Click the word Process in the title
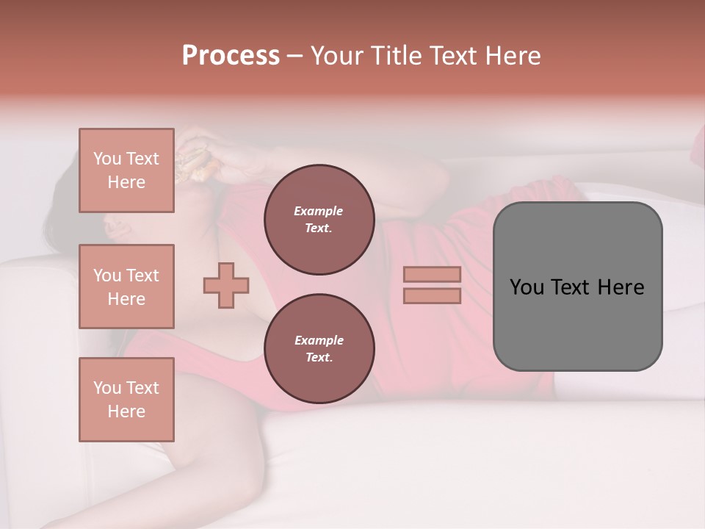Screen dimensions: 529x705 (x=231, y=56)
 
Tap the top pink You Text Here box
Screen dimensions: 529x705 (x=126, y=170)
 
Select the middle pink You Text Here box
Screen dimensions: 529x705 (x=126, y=287)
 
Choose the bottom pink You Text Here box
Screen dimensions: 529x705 (x=126, y=400)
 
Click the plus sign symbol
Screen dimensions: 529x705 (x=226, y=286)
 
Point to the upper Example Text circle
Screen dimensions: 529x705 (x=319, y=220)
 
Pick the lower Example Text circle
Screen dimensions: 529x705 (x=319, y=349)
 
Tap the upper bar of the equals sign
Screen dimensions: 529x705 (x=432, y=275)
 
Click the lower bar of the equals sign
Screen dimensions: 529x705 (x=432, y=295)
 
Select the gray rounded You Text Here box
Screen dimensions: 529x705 (x=577, y=287)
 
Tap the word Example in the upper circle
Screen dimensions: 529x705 (x=318, y=211)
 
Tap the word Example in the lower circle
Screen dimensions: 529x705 (x=318, y=340)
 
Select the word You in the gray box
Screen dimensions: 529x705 (x=526, y=287)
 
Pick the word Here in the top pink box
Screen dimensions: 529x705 (x=126, y=182)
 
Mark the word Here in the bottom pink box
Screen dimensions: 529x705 (x=126, y=411)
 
